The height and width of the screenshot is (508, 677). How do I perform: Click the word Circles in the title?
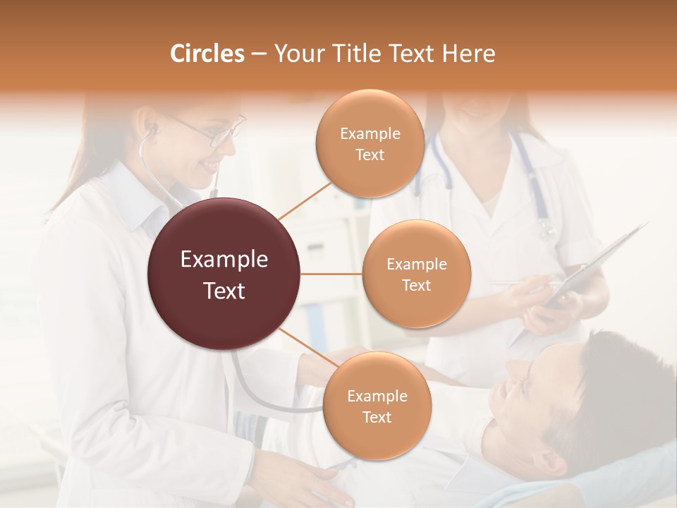click(207, 54)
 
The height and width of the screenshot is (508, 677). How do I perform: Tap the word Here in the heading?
click(469, 54)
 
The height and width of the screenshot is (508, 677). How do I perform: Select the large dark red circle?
click(224, 274)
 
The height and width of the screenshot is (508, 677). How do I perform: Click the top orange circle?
click(370, 144)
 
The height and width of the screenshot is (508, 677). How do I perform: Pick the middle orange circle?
click(416, 274)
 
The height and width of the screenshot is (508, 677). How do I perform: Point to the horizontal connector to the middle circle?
click(331, 274)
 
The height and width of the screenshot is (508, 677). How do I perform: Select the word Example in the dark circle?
click(224, 260)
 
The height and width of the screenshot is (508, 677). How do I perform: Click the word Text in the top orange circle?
click(370, 155)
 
